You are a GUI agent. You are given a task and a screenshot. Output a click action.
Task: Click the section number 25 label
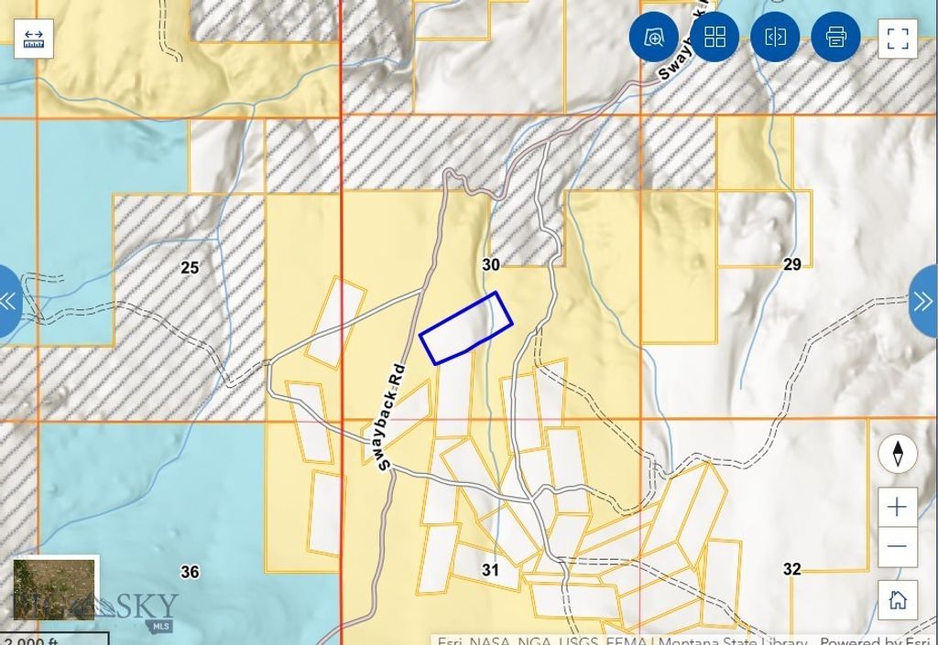click(190, 268)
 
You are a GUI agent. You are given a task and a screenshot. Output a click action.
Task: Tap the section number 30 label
click(491, 264)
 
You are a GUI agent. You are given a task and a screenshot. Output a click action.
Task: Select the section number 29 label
click(792, 264)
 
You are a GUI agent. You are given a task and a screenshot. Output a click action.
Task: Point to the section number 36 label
click(190, 572)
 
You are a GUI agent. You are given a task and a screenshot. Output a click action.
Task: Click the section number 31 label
click(491, 570)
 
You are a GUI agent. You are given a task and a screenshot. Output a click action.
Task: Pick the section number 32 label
click(792, 569)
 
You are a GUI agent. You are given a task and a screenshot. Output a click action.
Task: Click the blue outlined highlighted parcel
click(465, 328)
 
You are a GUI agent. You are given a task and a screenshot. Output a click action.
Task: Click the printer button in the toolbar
click(835, 38)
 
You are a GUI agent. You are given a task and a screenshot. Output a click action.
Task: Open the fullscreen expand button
click(898, 38)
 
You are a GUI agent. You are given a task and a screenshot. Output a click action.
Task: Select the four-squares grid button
click(714, 38)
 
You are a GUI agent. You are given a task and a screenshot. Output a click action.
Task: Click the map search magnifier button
click(654, 38)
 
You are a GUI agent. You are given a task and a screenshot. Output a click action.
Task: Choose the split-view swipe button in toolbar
click(775, 38)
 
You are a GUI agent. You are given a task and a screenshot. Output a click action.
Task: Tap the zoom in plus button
click(898, 507)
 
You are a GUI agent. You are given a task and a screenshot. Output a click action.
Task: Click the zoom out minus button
click(898, 546)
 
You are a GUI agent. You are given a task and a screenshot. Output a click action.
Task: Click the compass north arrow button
click(898, 455)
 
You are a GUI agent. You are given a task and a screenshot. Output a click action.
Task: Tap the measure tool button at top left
click(34, 38)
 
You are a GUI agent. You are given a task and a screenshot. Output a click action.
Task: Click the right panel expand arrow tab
click(923, 301)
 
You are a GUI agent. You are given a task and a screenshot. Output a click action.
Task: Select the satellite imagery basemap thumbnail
click(54, 588)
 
